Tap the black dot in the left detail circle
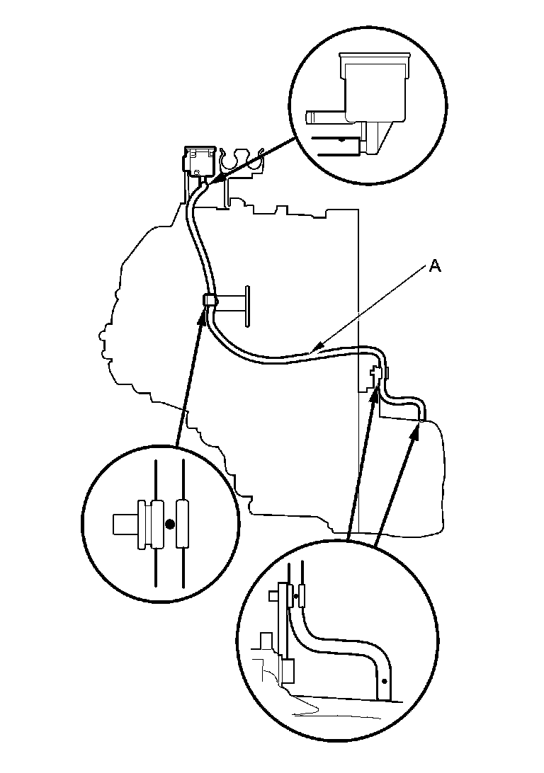(x=169, y=524)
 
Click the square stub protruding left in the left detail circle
(x=125, y=524)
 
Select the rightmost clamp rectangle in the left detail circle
(x=183, y=524)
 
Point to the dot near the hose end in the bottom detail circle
(x=384, y=680)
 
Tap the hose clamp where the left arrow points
(x=209, y=301)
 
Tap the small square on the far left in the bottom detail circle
(x=274, y=597)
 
